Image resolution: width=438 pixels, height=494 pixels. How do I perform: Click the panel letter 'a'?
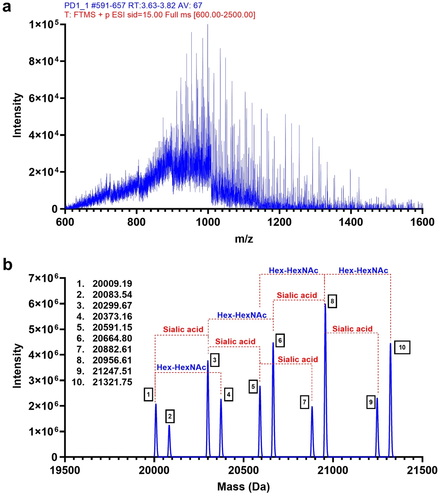click(x=7, y=7)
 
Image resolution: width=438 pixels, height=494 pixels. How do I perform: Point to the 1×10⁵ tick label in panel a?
click(x=43, y=25)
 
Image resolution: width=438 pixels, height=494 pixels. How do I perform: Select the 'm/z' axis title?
click(x=244, y=239)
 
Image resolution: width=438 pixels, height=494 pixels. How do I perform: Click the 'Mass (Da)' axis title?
click(x=243, y=487)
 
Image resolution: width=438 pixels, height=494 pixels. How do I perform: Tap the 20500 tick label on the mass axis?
click(x=243, y=470)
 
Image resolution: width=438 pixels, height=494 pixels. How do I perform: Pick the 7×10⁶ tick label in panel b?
click(x=43, y=278)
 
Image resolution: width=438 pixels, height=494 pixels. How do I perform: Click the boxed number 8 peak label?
click(x=332, y=301)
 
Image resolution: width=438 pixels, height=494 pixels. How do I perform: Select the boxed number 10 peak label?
click(x=402, y=347)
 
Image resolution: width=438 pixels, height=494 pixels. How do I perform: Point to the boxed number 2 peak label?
click(x=170, y=416)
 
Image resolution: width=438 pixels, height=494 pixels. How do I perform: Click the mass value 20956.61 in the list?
click(x=112, y=360)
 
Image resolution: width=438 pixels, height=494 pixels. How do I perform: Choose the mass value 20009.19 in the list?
click(x=112, y=284)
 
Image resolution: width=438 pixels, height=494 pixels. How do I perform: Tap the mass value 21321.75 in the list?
click(x=112, y=382)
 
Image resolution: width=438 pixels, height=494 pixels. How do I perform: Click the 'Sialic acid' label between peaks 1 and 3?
click(x=183, y=329)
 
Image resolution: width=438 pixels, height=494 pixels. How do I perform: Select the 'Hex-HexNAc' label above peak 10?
click(x=363, y=270)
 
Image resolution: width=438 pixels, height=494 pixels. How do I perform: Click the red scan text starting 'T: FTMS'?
click(x=160, y=15)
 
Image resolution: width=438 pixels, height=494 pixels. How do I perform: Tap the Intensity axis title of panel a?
click(x=17, y=115)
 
